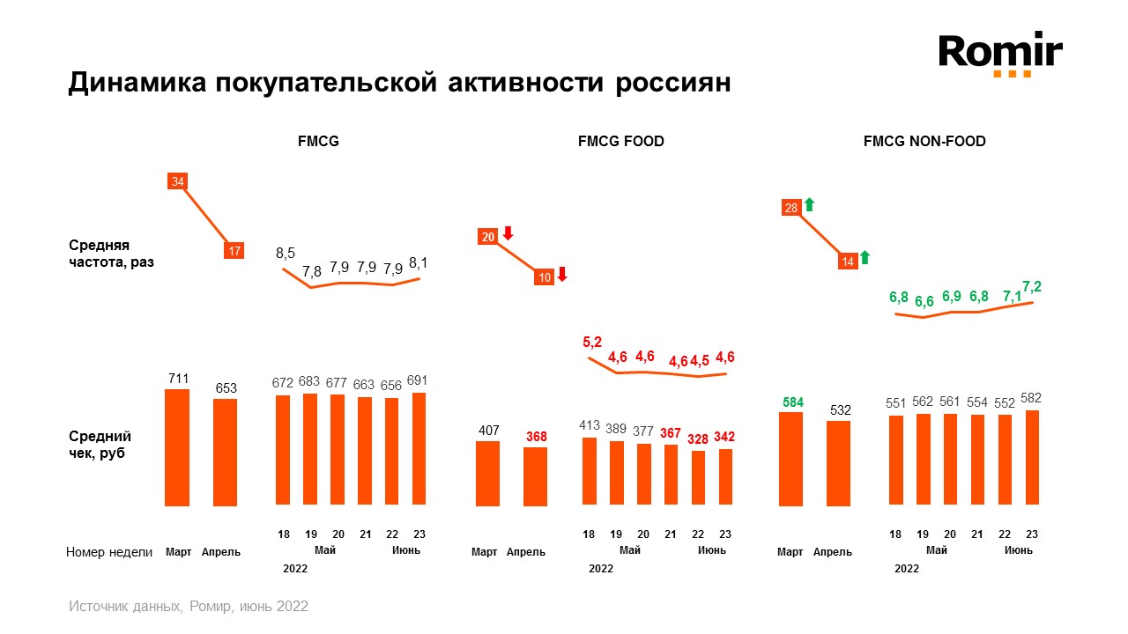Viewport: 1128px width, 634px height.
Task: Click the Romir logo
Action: [1000, 55]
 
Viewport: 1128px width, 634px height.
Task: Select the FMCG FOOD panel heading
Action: [620, 141]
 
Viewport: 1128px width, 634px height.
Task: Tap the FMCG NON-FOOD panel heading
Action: [924, 141]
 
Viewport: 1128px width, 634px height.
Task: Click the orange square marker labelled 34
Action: [178, 181]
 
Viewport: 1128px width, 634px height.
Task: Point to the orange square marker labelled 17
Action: [234, 251]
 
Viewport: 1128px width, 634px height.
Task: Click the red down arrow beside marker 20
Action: [508, 234]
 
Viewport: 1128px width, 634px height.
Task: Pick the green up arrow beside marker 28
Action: [809, 205]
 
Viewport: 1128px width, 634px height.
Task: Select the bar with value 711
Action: [178, 447]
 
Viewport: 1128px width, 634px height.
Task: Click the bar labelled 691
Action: [419, 448]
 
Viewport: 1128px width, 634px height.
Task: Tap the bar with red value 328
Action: [698, 478]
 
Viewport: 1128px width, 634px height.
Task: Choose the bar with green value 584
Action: [790, 459]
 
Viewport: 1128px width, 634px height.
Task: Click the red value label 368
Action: [536, 437]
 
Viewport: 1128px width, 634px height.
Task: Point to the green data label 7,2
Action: [1032, 286]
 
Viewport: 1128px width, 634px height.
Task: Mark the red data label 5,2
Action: [591, 343]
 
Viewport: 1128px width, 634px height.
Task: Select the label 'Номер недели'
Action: [110, 552]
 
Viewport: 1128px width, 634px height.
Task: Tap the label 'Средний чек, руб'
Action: [100, 445]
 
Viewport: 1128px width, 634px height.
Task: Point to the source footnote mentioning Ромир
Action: [189, 607]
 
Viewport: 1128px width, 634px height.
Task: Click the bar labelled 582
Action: [1032, 457]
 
